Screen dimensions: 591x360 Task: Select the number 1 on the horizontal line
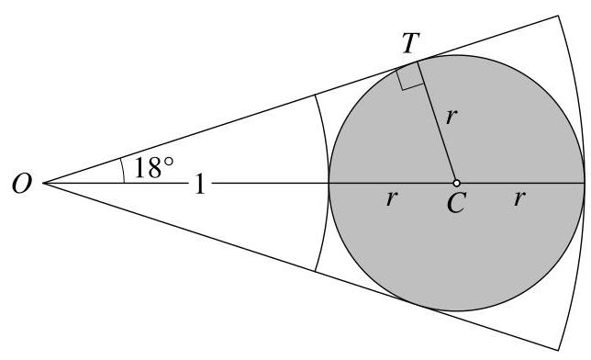click(x=198, y=184)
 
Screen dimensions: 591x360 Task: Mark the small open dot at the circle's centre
click(x=456, y=184)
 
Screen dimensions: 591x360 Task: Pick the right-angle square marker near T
click(x=411, y=77)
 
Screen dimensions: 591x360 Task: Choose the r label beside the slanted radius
click(x=450, y=116)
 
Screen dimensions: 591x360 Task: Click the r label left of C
click(x=392, y=197)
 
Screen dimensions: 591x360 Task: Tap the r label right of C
click(x=519, y=197)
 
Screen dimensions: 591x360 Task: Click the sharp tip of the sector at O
click(x=43, y=184)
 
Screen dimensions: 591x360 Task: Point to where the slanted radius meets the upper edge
click(x=418, y=61)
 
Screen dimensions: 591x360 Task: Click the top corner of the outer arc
click(x=559, y=15)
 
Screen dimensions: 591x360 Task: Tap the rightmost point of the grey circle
click(x=585, y=184)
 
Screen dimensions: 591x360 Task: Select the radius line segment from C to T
click(x=437, y=122)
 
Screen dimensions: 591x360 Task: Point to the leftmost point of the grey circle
click(x=329, y=184)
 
